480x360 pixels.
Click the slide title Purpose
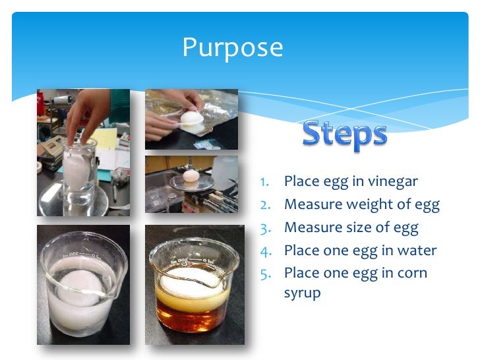pyautogui.click(x=232, y=48)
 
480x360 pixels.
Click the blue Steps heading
pyautogui.click(x=344, y=135)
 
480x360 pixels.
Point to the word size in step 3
pyautogui.click(x=362, y=227)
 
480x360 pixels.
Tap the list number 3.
pyautogui.click(x=263, y=228)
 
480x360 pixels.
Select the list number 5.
pyautogui.click(x=263, y=273)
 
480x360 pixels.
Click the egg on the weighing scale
pyautogui.click(x=191, y=175)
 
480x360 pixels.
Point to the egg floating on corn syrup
pyautogui.click(x=191, y=278)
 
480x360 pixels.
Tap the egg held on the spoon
pyautogui.click(x=190, y=119)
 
